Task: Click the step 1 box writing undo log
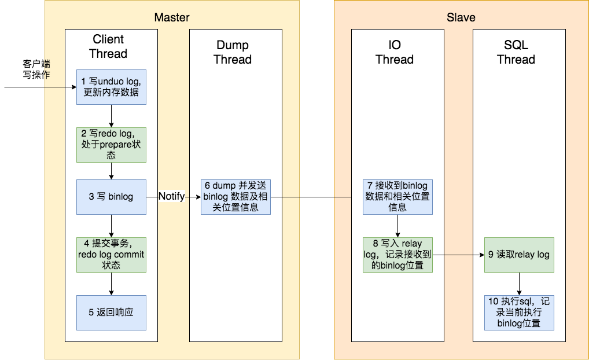point(111,87)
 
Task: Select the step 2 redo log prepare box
point(111,145)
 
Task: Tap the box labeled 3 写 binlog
point(111,197)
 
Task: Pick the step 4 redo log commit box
point(111,255)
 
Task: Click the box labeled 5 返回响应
point(111,313)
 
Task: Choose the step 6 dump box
point(235,197)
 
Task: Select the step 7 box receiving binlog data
point(397,197)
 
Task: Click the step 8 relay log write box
point(397,255)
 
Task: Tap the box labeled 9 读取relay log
point(519,255)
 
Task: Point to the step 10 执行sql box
point(519,313)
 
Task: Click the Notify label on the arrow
point(172,197)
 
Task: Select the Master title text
point(172,17)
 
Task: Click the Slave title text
point(461,17)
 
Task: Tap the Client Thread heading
point(108,46)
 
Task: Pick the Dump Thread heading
point(233,52)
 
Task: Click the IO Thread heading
point(395,52)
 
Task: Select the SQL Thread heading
point(516,52)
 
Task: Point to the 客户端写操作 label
point(36,69)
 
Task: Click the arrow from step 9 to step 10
point(519,284)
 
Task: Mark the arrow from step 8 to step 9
point(458,255)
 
